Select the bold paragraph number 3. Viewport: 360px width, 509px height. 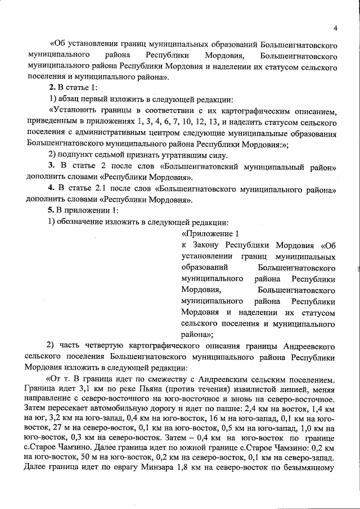[51, 168]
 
